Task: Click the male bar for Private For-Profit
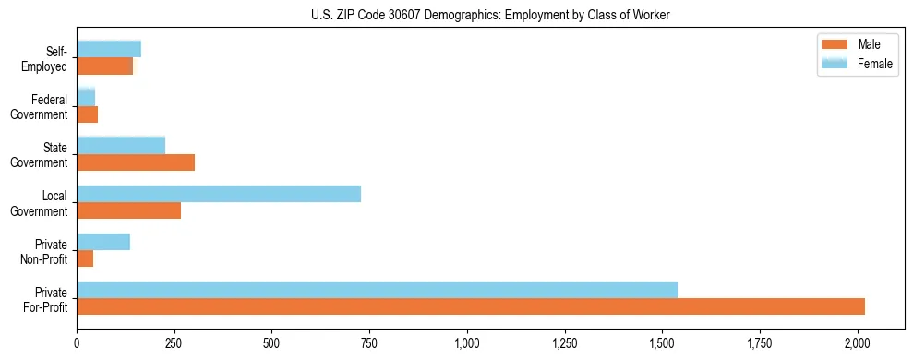(x=471, y=306)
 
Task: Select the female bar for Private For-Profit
(x=377, y=290)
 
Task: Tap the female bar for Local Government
(x=219, y=194)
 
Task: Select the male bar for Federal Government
(x=87, y=114)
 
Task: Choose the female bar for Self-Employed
(x=109, y=50)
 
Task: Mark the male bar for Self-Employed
(x=104, y=66)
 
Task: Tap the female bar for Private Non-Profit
(x=103, y=242)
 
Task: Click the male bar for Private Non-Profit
(x=85, y=258)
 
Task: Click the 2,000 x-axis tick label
(x=857, y=343)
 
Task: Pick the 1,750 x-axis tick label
(x=760, y=343)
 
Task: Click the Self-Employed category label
(x=50, y=59)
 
